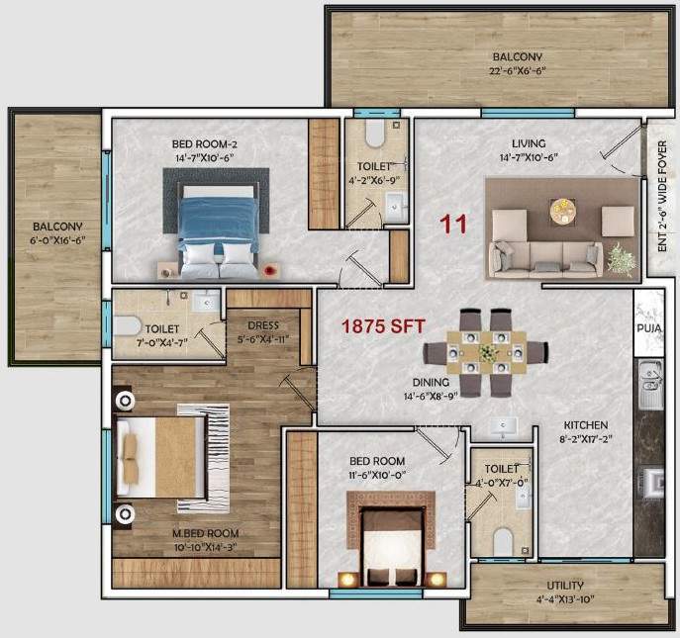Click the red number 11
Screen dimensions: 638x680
(454, 224)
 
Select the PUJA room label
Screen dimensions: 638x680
(649, 327)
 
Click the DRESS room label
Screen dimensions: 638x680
(263, 324)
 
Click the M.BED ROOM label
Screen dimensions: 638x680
(206, 533)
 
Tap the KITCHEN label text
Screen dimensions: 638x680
(585, 425)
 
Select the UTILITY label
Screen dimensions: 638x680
(565, 585)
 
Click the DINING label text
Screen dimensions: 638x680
(432, 382)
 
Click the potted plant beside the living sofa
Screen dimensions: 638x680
(621, 259)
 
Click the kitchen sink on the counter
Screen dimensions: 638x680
(650, 385)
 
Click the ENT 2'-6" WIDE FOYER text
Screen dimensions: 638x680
(663, 207)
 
